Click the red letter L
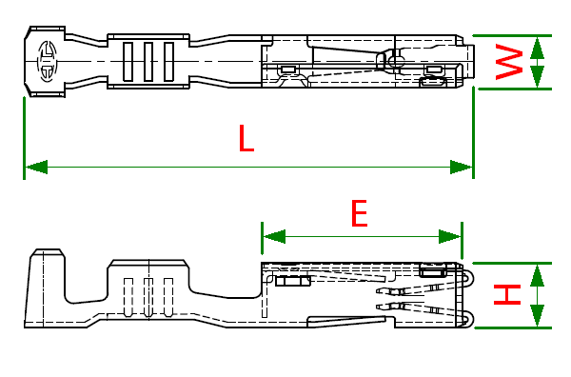coord(246,138)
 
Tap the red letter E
coord(360,212)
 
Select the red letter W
coord(509,62)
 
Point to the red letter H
coord(507,295)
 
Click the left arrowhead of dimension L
coord(36,167)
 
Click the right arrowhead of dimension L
coord(461,168)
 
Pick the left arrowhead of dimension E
coord(274,237)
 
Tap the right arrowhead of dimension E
coord(450,237)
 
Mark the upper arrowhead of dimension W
coord(537,48)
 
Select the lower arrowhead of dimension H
coord(537,315)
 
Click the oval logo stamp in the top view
coord(47,61)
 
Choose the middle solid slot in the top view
coord(148,62)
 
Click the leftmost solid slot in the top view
coord(128,62)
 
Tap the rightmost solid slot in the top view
coord(168,62)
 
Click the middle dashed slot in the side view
coord(148,297)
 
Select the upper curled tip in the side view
coord(469,280)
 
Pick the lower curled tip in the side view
coord(469,319)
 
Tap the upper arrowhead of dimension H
coord(537,275)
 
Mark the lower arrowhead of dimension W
coord(537,77)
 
